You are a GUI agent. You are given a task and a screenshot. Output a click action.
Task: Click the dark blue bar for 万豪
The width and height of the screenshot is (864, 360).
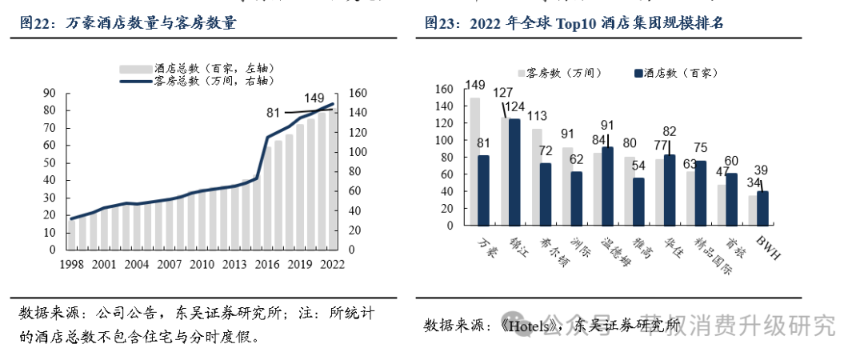coord(482,190)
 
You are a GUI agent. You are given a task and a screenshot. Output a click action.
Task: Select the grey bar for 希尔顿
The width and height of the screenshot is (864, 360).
coord(537,177)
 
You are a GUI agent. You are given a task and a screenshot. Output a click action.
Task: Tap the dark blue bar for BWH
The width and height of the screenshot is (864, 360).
coord(762,208)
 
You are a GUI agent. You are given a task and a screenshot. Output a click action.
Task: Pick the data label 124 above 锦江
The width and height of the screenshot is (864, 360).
coord(514,106)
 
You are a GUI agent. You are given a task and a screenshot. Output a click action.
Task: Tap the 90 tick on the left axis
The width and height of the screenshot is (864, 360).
coord(50,94)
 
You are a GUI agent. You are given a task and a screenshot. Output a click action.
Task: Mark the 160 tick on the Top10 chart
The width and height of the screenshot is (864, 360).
coord(444,89)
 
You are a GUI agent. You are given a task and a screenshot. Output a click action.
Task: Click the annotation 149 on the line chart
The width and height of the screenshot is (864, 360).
coord(314,98)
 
